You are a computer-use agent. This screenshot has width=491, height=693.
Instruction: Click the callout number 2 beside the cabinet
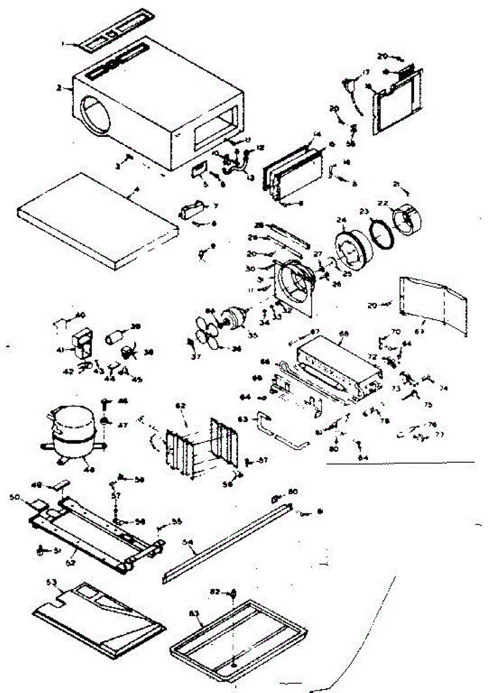[59, 88]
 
